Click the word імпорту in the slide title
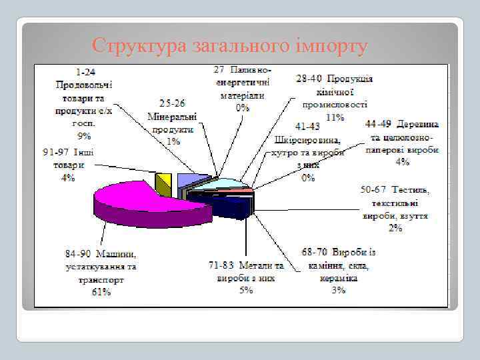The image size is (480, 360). (x=331, y=46)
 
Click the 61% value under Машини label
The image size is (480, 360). (x=101, y=291)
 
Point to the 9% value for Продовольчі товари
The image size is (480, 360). (x=85, y=135)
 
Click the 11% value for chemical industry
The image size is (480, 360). (x=334, y=117)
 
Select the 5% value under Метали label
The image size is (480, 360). (x=247, y=290)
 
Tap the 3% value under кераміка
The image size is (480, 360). (x=339, y=290)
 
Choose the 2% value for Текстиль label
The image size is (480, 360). (x=395, y=228)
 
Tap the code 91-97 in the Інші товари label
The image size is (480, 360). (x=56, y=152)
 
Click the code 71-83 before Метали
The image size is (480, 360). (x=223, y=265)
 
